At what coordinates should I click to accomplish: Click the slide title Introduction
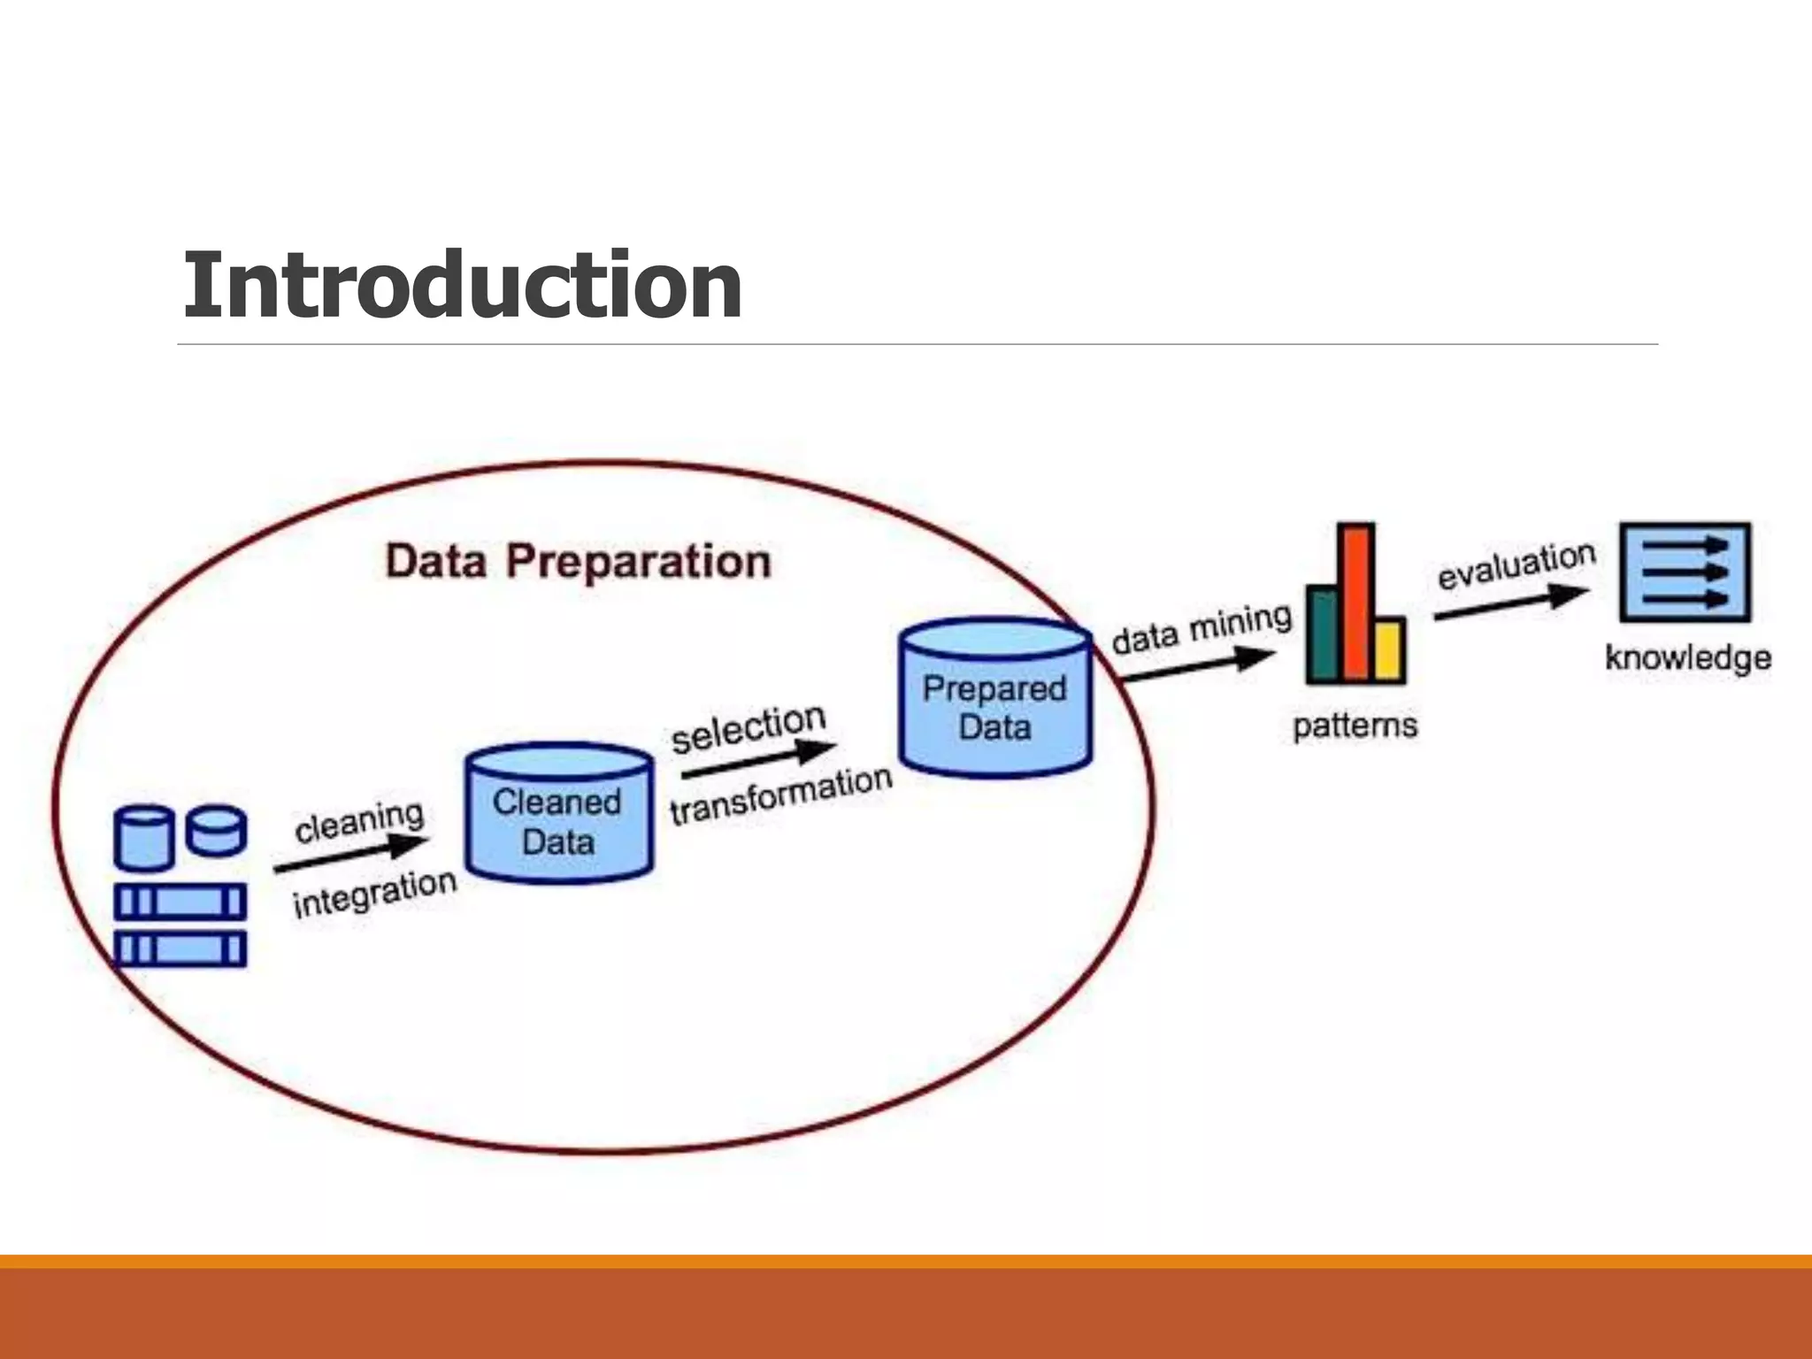pos(462,285)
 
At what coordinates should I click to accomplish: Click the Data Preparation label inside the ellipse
pos(578,562)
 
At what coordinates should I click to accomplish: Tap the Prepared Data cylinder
pos(995,699)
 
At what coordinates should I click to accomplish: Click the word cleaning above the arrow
pos(359,822)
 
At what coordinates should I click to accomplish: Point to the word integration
pos(374,894)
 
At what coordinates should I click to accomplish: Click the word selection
pos(749,728)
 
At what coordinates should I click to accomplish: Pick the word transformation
pos(780,794)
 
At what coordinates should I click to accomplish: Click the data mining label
pos(1202,628)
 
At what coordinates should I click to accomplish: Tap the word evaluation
pos(1516,565)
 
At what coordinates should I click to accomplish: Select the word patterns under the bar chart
pos(1355,726)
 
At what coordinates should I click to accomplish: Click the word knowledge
pos(1688,657)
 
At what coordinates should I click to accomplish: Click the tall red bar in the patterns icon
pos(1355,602)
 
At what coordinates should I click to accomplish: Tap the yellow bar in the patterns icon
pos(1389,650)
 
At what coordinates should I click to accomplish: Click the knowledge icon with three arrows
pos(1685,572)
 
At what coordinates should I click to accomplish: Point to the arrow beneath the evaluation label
pos(1511,603)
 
